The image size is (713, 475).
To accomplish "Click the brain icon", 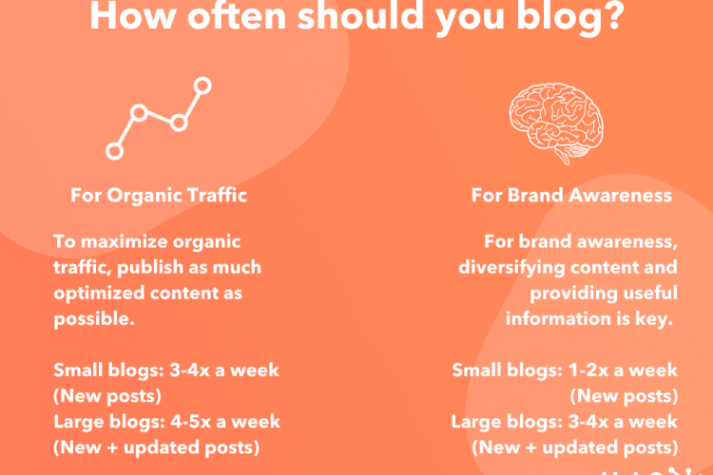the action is (x=556, y=123).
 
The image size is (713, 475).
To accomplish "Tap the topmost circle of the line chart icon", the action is (x=202, y=85).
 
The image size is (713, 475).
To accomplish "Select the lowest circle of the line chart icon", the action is (x=115, y=151).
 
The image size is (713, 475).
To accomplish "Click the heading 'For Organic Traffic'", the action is (x=159, y=195).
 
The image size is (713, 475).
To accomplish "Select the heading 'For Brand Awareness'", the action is (x=571, y=195).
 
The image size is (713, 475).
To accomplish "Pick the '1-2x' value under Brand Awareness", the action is (x=588, y=370).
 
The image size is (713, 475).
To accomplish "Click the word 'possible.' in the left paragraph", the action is (x=94, y=319).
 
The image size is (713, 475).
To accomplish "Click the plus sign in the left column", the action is (x=112, y=447).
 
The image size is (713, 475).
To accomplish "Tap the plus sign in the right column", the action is (x=531, y=447).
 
